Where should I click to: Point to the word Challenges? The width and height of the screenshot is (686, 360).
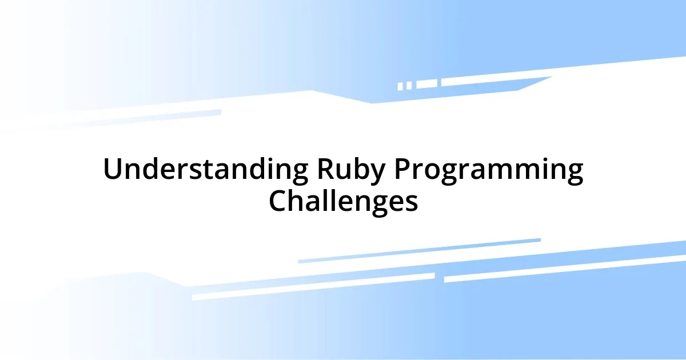pyautogui.click(x=343, y=201)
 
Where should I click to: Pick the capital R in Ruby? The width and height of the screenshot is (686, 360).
pyautogui.click(x=324, y=170)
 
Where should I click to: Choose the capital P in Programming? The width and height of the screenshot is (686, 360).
pyautogui.click(x=404, y=170)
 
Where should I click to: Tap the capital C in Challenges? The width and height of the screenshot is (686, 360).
pyautogui.click(x=278, y=201)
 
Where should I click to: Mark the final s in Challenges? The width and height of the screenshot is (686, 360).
pyautogui.click(x=412, y=203)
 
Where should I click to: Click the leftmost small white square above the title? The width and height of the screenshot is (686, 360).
pyautogui.click(x=400, y=86)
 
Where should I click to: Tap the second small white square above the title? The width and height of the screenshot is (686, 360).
pyautogui.click(x=409, y=86)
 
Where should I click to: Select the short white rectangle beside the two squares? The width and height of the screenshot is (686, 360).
pyautogui.click(x=426, y=84)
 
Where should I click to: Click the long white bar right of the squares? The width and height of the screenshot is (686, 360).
pyautogui.click(x=492, y=82)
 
